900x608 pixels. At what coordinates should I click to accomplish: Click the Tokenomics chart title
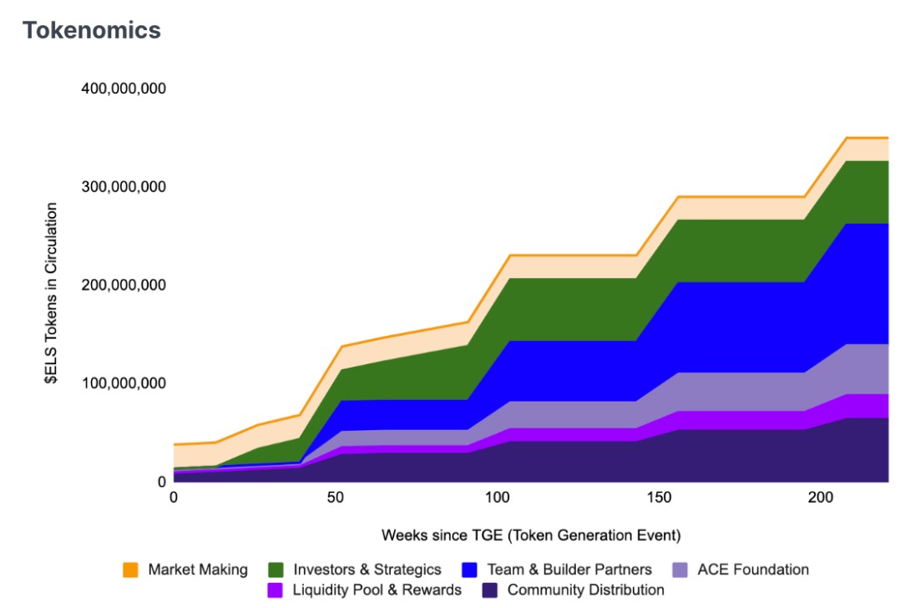coord(91,30)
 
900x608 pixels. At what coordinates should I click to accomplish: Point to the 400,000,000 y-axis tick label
coord(124,88)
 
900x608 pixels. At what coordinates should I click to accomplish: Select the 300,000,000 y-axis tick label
coord(124,186)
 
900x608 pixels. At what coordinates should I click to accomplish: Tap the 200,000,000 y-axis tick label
coord(124,285)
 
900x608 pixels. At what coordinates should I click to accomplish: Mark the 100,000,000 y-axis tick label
coord(124,383)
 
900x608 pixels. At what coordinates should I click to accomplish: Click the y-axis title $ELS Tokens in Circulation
coord(52,293)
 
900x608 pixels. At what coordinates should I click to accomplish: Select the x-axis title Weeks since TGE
coord(530,535)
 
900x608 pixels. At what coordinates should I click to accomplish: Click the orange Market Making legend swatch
coord(130,570)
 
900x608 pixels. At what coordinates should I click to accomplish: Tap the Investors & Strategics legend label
coord(367,570)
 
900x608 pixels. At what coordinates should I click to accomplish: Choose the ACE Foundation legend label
coord(752,570)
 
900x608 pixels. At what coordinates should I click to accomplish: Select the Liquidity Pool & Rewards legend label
coord(377,590)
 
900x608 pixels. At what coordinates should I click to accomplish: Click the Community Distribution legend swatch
coord(489,590)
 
